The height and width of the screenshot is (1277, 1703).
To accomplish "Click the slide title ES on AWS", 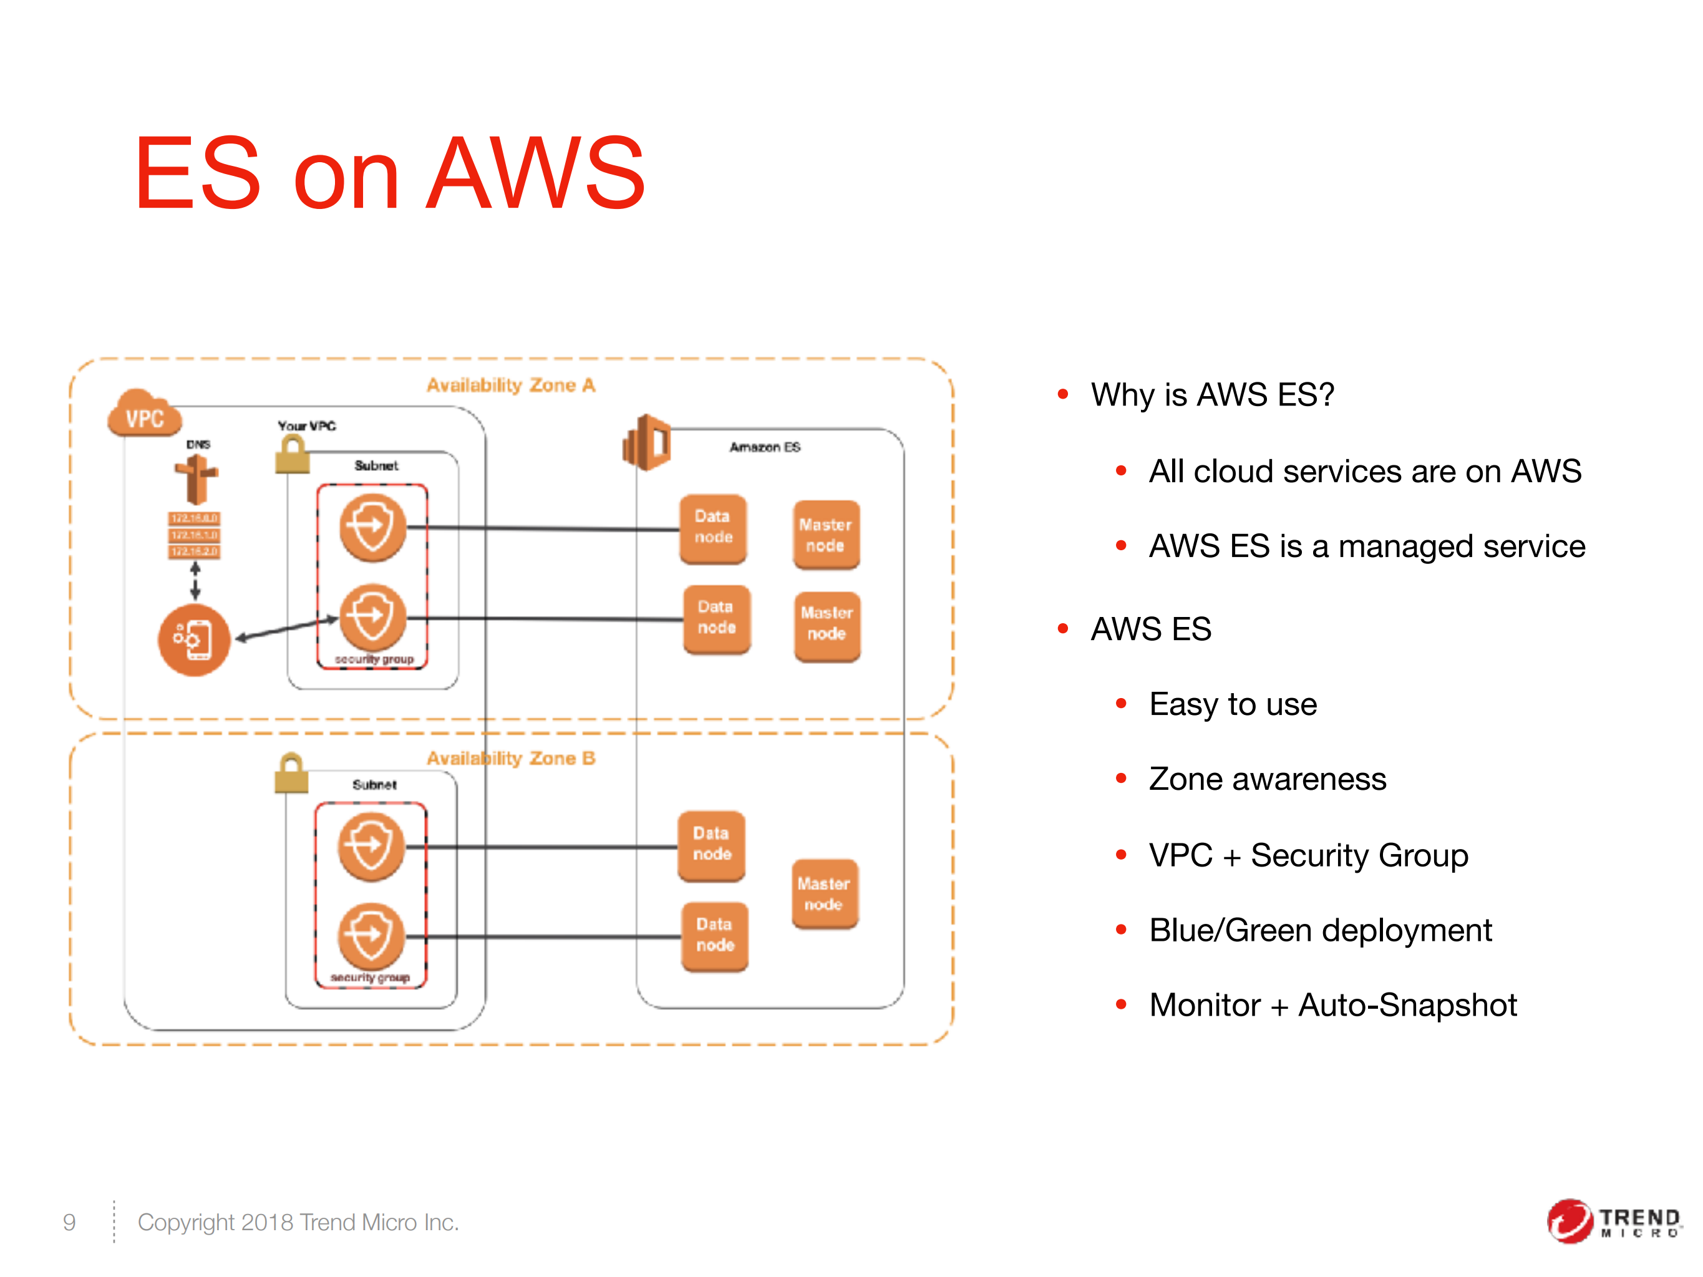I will point(389,173).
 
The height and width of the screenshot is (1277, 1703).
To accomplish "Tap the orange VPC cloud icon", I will point(144,415).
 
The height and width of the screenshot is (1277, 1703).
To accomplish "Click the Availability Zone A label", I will point(511,385).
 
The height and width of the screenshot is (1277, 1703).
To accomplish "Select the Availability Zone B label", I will point(511,758).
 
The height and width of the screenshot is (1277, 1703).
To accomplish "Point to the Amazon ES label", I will point(765,447).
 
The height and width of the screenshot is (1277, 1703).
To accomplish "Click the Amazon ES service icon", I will point(647,442).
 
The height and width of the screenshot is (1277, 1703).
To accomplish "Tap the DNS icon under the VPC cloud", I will point(196,477).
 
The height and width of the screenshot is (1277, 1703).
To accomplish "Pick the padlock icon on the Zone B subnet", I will point(291,773).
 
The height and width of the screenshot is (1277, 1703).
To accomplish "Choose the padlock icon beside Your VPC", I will point(292,455).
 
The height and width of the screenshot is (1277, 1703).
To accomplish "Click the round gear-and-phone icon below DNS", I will point(194,639).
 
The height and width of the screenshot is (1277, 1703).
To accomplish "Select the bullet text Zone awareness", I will point(1267,779).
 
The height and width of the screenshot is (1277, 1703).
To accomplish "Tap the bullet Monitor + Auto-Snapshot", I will point(1332,1004).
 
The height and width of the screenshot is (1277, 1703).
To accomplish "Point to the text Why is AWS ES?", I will point(1213,394).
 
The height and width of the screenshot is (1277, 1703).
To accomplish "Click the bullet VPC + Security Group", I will point(1309,855).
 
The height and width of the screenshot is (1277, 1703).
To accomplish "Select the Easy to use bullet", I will point(1233,704).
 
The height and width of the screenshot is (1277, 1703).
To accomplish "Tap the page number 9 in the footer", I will point(69,1222).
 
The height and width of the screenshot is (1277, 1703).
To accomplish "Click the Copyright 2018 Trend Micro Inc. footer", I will point(298,1222).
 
